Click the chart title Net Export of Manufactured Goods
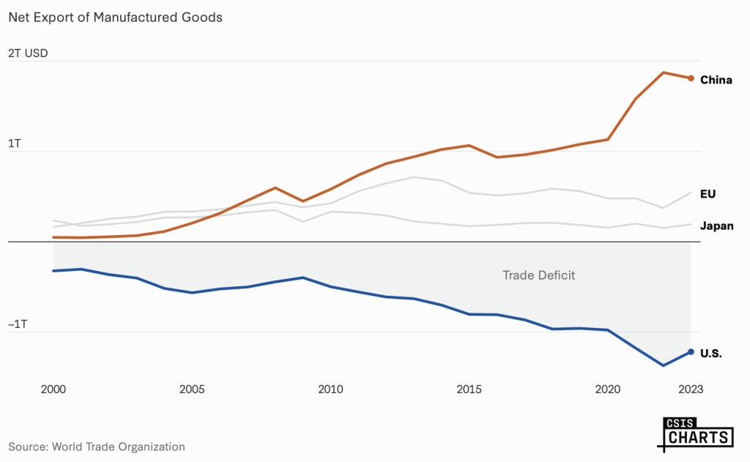pyautogui.click(x=115, y=17)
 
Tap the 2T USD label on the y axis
pyautogui.click(x=28, y=53)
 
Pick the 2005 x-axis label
pyautogui.click(x=191, y=390)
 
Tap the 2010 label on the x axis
pyautogui.click(x=330, y=390)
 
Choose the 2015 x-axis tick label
pyautogui.click(x=469, y=390)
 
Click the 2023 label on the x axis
pyautogui.click(x=690, y=390)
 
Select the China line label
pyautogui.click(x=716, y=80)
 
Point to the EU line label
pyautogui.click(x=708, y=194)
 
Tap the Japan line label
pyautogui.click(x=717, y=226)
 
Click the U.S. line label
pyautogui.click(x=711, y=354)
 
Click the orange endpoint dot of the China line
pyautogui.click(x=691, y=78)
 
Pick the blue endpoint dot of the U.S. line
pyautogui.click(x=691, y=351)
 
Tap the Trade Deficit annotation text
pyautogui.click(x=538, y=275)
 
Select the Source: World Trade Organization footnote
pyautogui.click(x=97, y=446)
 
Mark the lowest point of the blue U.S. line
pyautogui.click(x=663, y=365)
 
